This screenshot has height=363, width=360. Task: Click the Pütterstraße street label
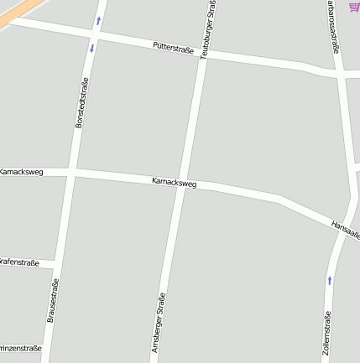173,49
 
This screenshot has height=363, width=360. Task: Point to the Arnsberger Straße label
159,322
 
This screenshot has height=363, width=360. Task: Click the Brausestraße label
52,301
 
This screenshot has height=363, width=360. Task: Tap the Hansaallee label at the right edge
345,228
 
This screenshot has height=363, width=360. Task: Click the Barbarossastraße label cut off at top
333,25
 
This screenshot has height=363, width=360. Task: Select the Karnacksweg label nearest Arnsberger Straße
174,182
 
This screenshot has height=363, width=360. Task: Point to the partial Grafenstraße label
19,263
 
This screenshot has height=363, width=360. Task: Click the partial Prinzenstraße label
19,346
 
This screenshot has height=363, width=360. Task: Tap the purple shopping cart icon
354,7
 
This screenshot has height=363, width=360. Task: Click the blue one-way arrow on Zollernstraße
329,280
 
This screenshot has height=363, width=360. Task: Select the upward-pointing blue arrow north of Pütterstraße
99,19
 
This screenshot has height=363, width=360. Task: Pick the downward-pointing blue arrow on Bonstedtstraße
91,48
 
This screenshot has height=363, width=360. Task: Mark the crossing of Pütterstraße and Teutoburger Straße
203,54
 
